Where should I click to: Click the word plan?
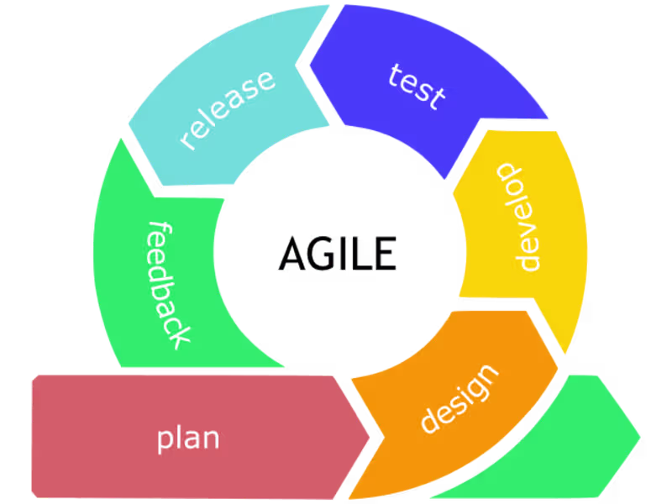[x=188, y=438]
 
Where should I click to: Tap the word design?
[x=459, y=398]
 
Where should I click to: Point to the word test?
[x=417, y=86]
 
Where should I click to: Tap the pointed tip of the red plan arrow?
[x=370, y=436]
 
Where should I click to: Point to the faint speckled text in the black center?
[x=307, y=253]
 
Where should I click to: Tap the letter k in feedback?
[x=179, y=337]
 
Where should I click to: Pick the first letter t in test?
[x=396, y=74]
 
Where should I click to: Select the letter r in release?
[x=186, y=141]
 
